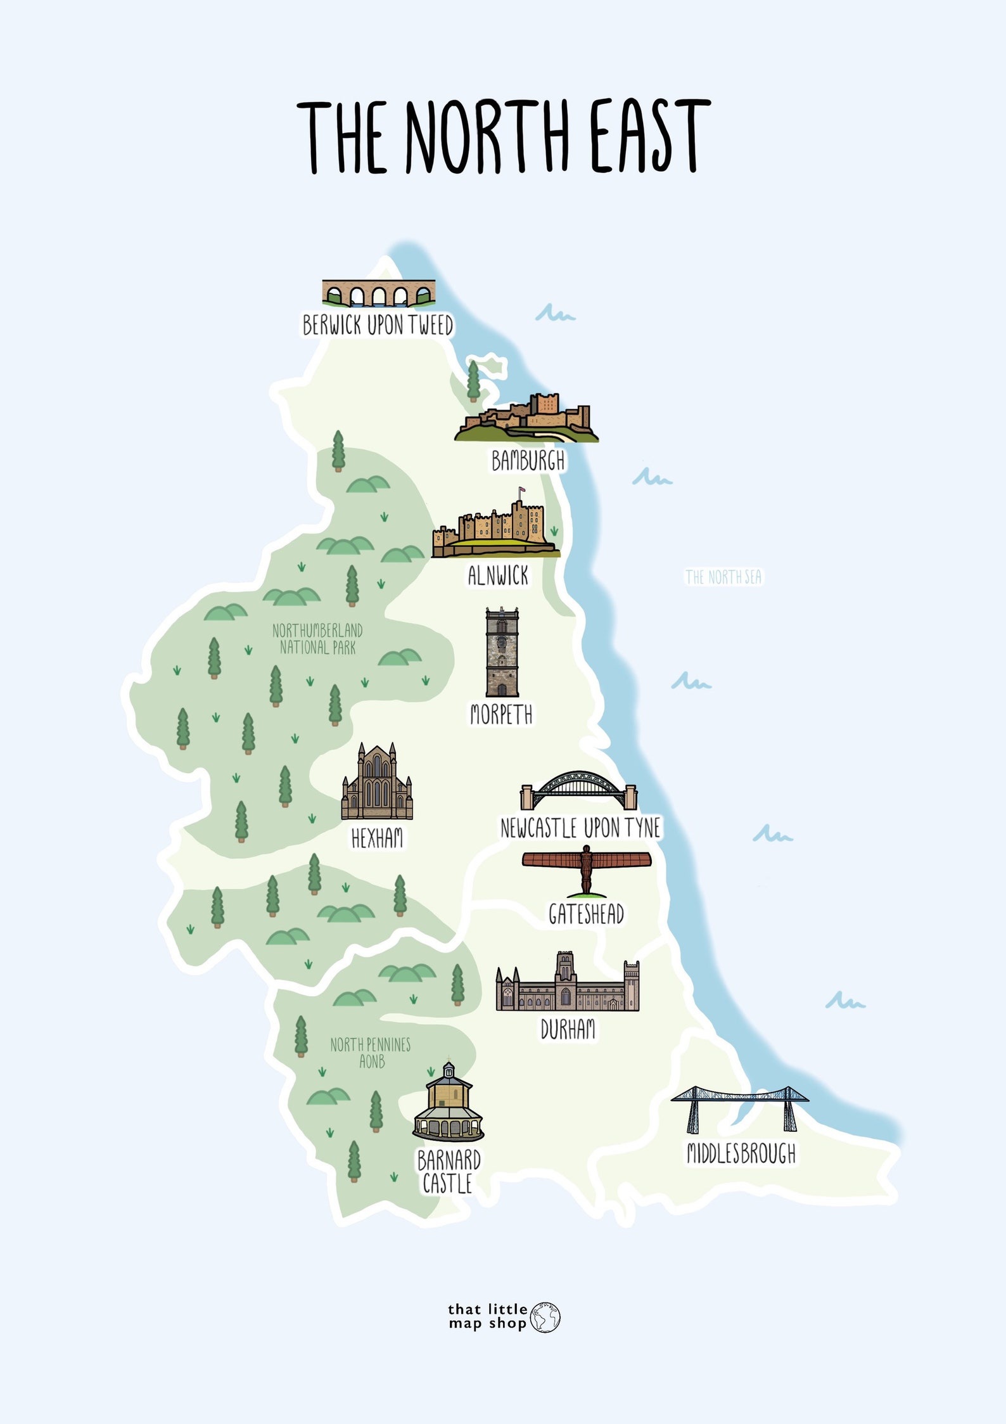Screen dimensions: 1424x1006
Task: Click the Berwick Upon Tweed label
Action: (x=378, y=325)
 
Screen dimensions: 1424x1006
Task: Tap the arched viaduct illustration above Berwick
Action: (x=378, y=293)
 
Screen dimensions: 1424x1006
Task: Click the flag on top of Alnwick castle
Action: (x=522, y=491)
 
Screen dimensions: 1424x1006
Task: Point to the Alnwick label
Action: (x=498, y=576)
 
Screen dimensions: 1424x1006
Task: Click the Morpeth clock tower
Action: (x=502, y=653)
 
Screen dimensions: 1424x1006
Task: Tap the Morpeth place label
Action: (x=501, y=714)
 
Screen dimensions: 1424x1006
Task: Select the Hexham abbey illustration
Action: (x=377, y=784)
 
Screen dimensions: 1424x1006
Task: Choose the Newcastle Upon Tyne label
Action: (x=580, y=828)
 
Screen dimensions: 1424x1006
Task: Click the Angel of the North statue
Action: (x=587, y=869)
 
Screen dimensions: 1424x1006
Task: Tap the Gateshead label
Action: (x=586, y=914)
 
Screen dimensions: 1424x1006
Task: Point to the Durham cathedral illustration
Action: (x=567, y=984)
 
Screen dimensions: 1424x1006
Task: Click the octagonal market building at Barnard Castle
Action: (x=449, y=1104)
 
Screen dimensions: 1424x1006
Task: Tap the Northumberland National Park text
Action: (x=317, y=639)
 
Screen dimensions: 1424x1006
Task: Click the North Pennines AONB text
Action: (x=371, y=1053)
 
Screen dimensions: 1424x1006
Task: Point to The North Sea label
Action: (x=723, y=577)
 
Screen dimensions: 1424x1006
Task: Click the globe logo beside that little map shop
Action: (x=545, y=1317)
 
